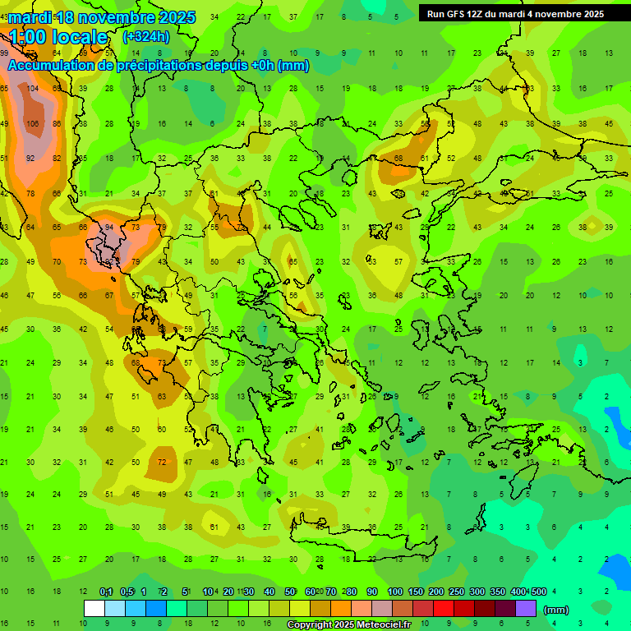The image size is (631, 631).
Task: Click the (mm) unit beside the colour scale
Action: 556,610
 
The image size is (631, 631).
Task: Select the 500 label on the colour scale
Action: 539,592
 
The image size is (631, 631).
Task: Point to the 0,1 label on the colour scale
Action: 106,592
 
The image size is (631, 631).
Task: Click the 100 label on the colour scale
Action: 395,592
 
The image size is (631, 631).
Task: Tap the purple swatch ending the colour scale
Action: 526,609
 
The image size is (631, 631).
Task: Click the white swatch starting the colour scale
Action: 94,609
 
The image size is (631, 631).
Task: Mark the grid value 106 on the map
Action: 32,123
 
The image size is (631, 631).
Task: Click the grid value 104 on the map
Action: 32,88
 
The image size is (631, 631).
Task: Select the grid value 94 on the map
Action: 108,228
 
